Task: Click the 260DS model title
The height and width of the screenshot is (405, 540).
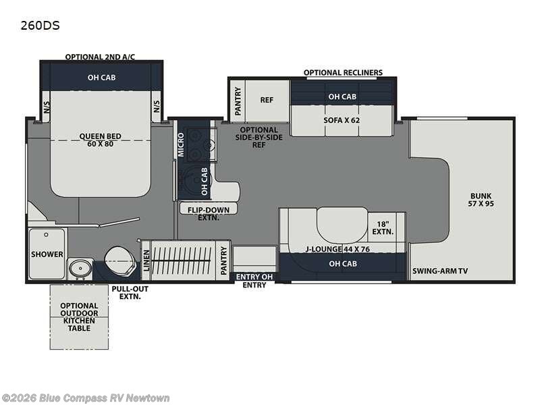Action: (x=40, y=26)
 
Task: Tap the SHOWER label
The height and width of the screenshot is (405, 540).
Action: (x=47, y=254)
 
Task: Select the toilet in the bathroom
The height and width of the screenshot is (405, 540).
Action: (x=119, y=261)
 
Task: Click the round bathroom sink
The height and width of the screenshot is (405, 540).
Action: (x=80, y=268)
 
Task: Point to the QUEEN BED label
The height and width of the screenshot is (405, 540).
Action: (x=100, y=140)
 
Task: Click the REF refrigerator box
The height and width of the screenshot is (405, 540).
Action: (x=267, y=100)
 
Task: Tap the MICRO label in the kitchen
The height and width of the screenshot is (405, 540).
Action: (x=181, y=145)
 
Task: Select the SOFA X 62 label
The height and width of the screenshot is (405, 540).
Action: (x=342, y=120)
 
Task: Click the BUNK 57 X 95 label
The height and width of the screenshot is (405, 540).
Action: (x=481, y=200)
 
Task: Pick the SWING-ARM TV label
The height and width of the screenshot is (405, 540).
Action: (x=440, y=271)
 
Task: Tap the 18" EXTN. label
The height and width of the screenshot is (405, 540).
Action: (x=383, y=228)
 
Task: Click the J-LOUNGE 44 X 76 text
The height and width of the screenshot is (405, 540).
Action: (x=337, y=249)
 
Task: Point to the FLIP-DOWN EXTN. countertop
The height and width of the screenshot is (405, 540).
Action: (x=209, y=209)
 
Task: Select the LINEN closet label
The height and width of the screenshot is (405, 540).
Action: (x=146, y=261)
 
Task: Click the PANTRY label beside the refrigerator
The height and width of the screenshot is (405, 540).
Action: (x=238, y=101)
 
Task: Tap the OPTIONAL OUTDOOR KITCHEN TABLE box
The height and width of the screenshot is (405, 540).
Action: (x=79, y=317)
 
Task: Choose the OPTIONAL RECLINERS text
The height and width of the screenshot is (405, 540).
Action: (x=343, y=73)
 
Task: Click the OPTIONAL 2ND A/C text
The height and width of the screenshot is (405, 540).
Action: (x=100, y=57)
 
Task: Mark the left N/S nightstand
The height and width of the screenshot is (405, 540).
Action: (x=47, y=107)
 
